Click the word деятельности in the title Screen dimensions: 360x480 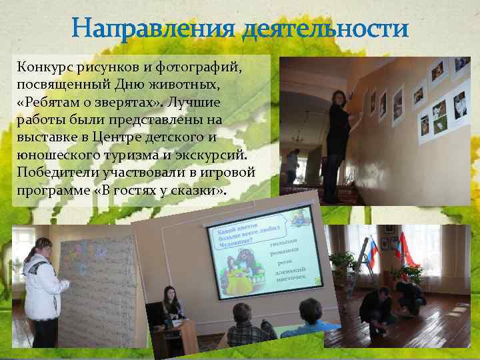pos(324,29)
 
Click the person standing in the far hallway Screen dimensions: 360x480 pos(292,167)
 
